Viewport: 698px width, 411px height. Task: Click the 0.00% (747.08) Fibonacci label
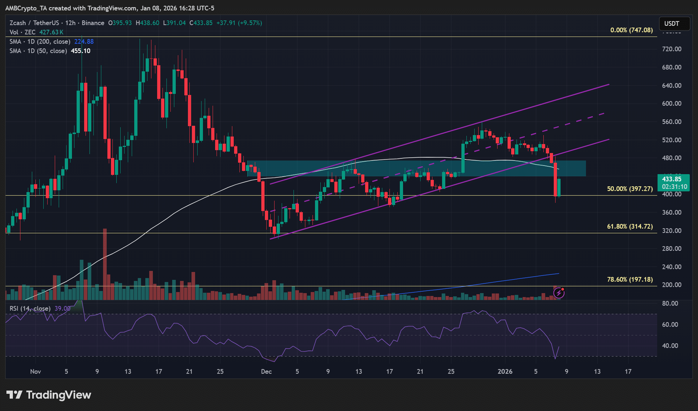pos(631,30)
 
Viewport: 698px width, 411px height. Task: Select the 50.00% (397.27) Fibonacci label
pos(630,189)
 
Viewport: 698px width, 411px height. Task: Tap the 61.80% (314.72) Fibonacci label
pos(630,226)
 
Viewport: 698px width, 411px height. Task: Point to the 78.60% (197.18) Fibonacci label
pos(630,279)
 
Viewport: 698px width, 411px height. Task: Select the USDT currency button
pos(672,24)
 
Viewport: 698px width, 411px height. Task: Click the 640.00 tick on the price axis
pos(672,86)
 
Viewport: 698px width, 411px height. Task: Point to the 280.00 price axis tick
pos(672,249)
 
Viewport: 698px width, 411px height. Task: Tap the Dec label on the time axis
pos(266,372)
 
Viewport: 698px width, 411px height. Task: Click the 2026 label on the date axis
pos(505,372)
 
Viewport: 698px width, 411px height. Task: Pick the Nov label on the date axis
pos(35,372)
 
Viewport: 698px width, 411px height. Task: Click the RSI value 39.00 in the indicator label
pos(62,309)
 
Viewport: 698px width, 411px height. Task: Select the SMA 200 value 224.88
pos(84,42)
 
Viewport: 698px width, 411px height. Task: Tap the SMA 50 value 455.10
pos(81,51)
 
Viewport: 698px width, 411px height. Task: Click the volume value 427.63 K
pos(51,32)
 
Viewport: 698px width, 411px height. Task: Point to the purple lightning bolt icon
pos(559,293)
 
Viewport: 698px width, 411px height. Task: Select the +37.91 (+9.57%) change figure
pos(239,23)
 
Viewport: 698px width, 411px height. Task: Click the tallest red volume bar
pos(105,264)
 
